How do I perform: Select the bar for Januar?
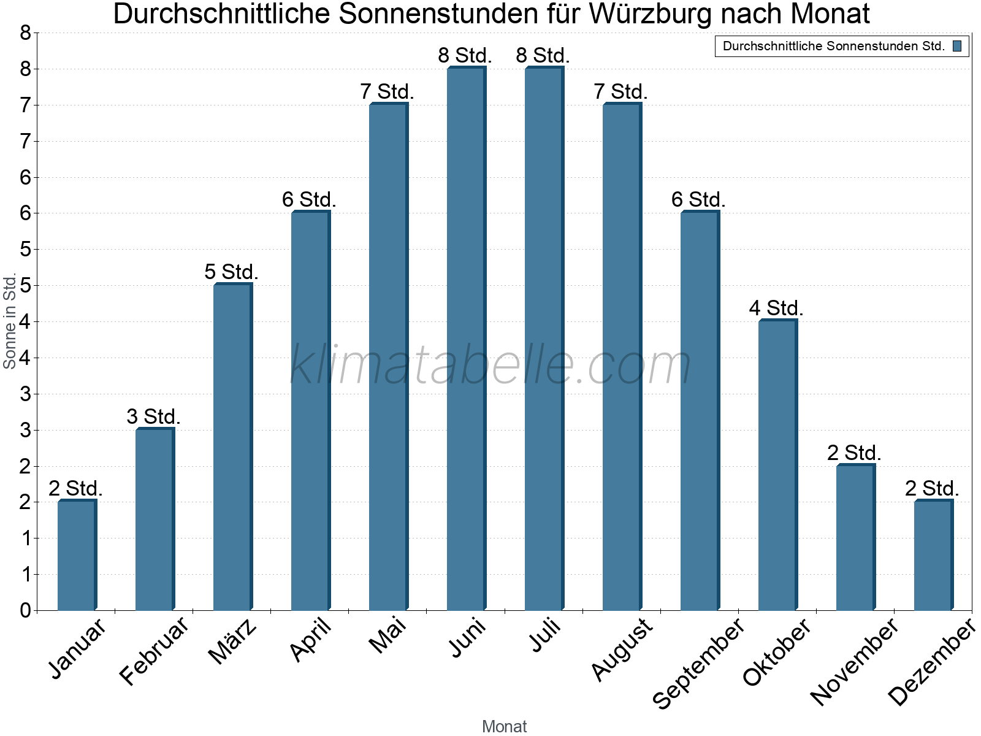[x=77, y=556]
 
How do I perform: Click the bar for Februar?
[x=155, y=519]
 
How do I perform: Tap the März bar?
[x=232, y=447]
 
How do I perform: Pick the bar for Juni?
[x=466, y=339]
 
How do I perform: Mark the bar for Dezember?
[x=933, y=556]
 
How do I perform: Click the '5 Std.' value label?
[x=231, y=272]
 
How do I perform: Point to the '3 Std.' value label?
[x=153, y=416]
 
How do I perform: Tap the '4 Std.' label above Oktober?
[x=776, y=308]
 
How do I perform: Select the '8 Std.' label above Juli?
[x=543, y=55]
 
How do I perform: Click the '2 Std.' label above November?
[x=854, y=453]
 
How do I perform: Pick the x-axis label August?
[x=622, y=648]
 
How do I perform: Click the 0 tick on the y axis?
[x=25, y=610]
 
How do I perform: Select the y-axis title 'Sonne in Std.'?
[x=9, y=321]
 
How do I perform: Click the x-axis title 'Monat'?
[x=504, y=726]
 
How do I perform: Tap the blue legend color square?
[x=957, y=46]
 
